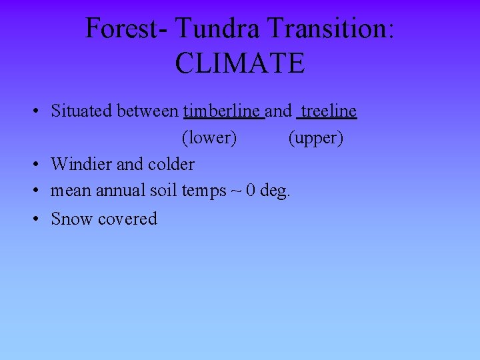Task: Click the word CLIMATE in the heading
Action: pos(240,63)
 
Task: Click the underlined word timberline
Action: pos(223,111)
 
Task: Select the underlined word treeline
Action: pos(329,111)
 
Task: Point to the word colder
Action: pos(171,164)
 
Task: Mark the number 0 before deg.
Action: pos(250,191)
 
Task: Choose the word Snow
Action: pos(72,219)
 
